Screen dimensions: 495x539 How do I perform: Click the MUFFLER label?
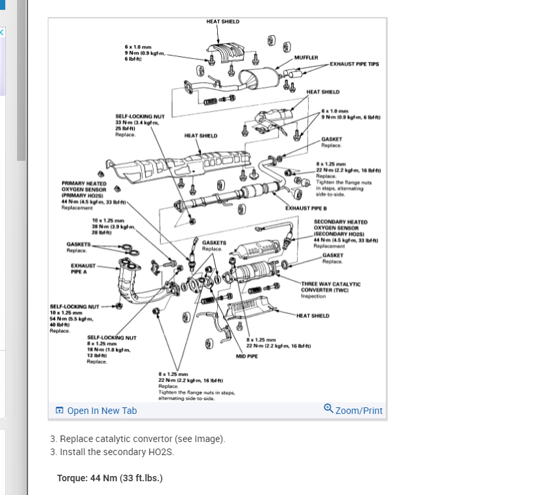pyautogui.click(x=306, y=58)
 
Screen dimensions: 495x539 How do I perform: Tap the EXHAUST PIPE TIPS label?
pyautogui.click(x=354, y=64)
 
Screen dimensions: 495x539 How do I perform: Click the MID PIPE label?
pyautogui.click(x=247, y=356)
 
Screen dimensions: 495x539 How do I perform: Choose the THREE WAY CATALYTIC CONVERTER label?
pyautogui.click(x=330, y=286)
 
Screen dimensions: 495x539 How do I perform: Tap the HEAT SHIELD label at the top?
pyautogui.click(x=222, y=22)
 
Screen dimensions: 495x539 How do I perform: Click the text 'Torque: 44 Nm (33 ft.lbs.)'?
pyautogui.click(x=110, y=477)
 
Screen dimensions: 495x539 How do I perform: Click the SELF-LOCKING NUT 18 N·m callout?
pyautogui.click(x=111, y=337)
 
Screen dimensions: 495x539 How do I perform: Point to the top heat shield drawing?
pyautogui.click(x=228, y=52)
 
